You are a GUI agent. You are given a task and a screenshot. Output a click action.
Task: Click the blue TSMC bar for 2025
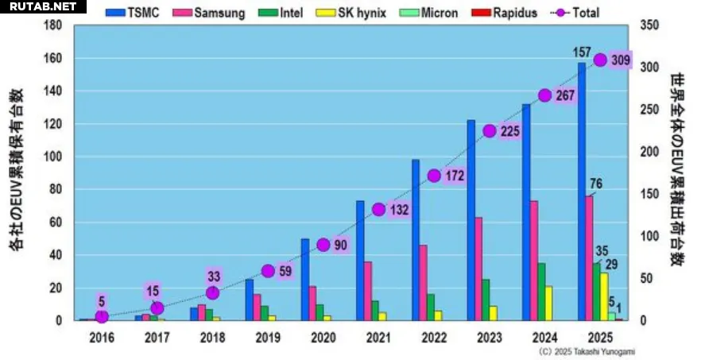582,191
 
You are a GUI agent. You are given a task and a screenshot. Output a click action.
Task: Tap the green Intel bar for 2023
485,300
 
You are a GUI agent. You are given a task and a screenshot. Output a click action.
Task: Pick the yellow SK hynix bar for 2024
548,303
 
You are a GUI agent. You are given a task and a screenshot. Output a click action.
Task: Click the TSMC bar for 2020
305,279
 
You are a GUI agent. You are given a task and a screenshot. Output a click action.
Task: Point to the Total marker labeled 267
544,95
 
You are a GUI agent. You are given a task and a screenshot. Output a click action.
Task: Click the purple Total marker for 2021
378,210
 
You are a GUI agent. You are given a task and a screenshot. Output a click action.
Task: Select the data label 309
621,60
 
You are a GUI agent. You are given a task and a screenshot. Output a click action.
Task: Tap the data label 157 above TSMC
582,52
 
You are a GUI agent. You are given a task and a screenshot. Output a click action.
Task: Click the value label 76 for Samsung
596,184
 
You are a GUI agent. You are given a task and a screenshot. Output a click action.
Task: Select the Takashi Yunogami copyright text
587,350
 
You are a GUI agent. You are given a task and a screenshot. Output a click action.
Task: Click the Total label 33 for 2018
212,277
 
